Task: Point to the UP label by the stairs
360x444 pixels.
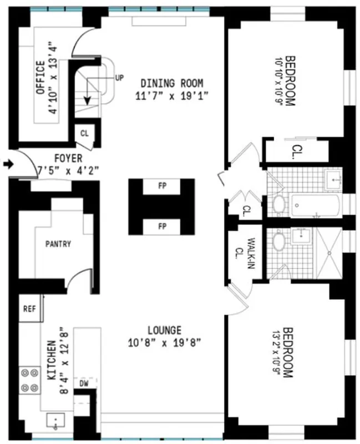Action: (x=119, y=78)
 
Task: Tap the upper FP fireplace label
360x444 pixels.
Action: (x=162, y=186)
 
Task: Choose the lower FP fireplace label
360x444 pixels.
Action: (x=162, y=226)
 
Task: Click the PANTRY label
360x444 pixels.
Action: (x=58, y=244)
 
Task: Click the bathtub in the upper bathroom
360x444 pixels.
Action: (x=314, y=206)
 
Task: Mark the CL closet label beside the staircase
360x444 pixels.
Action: (x=85, y=133)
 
